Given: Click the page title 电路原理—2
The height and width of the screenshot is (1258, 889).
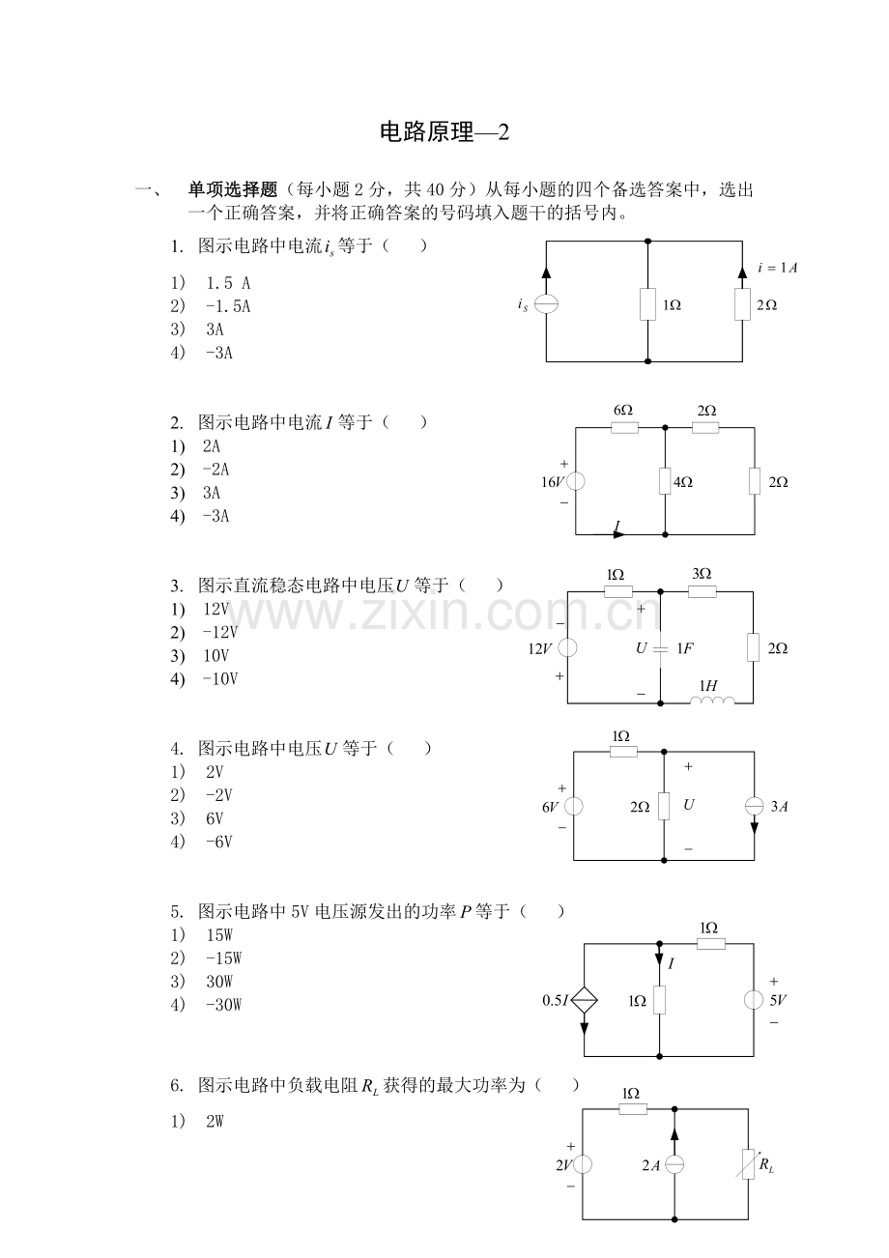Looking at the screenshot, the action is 444,132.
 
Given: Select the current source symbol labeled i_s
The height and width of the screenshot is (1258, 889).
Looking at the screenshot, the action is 546,304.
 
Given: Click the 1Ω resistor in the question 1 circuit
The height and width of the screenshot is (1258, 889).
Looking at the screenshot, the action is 647,304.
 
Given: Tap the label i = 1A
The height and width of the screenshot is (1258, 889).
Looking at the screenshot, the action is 777,268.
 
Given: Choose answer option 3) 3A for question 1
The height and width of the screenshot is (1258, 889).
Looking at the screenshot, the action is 198,329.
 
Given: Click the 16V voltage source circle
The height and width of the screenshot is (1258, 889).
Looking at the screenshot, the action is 576,481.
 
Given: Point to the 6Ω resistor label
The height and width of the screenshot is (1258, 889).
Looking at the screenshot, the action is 623,411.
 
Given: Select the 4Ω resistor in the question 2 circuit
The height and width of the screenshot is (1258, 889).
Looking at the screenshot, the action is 665,481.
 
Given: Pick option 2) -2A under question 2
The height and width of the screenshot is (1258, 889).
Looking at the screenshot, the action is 200,470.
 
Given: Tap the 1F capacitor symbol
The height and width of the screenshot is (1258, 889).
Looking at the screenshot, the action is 660,648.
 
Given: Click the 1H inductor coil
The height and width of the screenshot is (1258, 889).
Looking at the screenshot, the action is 712,700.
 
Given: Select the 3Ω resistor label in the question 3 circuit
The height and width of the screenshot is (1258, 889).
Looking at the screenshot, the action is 702,573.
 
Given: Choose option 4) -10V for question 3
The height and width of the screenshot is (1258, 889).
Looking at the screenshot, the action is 205,679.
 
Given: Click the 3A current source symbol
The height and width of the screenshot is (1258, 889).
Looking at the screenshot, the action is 754,807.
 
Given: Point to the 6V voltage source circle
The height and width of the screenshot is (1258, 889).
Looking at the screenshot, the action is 573,807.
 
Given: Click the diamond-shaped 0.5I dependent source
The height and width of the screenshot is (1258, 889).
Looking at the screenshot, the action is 584,1000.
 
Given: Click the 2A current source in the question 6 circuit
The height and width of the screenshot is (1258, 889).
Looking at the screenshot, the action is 674,1164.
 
